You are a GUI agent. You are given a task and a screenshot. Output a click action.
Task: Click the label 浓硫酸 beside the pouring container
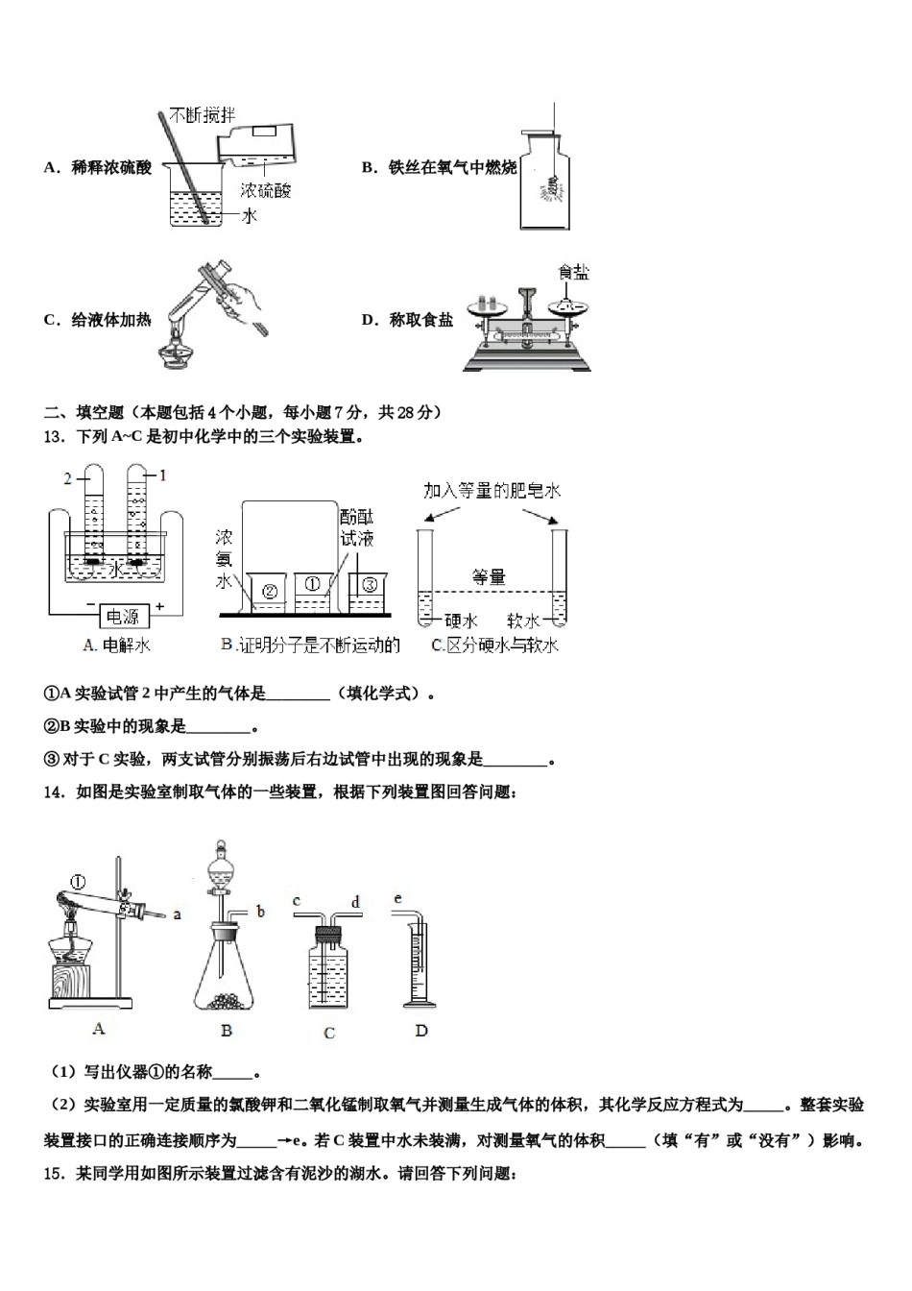[x=265, y=190]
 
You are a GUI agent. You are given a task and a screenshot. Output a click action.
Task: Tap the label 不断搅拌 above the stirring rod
[x=202, y=115]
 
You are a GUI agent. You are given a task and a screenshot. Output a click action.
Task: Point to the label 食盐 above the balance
[x=573, y=273]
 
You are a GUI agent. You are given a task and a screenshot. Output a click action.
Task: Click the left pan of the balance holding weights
[x=487, y=305]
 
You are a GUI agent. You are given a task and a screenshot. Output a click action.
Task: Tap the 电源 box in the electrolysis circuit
[x=122, y=616]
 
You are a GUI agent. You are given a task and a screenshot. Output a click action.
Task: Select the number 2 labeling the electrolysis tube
[x=68, y=477]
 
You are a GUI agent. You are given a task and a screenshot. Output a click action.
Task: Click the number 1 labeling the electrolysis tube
[x=162, y=475]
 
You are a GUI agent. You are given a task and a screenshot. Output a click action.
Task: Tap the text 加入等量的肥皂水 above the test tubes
[x=492, y=491]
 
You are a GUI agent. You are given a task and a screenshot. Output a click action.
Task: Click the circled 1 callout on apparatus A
[x=79, y=881]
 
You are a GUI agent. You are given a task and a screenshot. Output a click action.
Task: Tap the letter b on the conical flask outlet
[x=260, y=912]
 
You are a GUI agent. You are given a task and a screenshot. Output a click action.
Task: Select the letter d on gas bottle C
[x=355, y=902]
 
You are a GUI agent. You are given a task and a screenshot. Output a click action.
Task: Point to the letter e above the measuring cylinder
[x=397, y=898]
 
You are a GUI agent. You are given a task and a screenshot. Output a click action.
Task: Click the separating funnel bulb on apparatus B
[x=222, y=865]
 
